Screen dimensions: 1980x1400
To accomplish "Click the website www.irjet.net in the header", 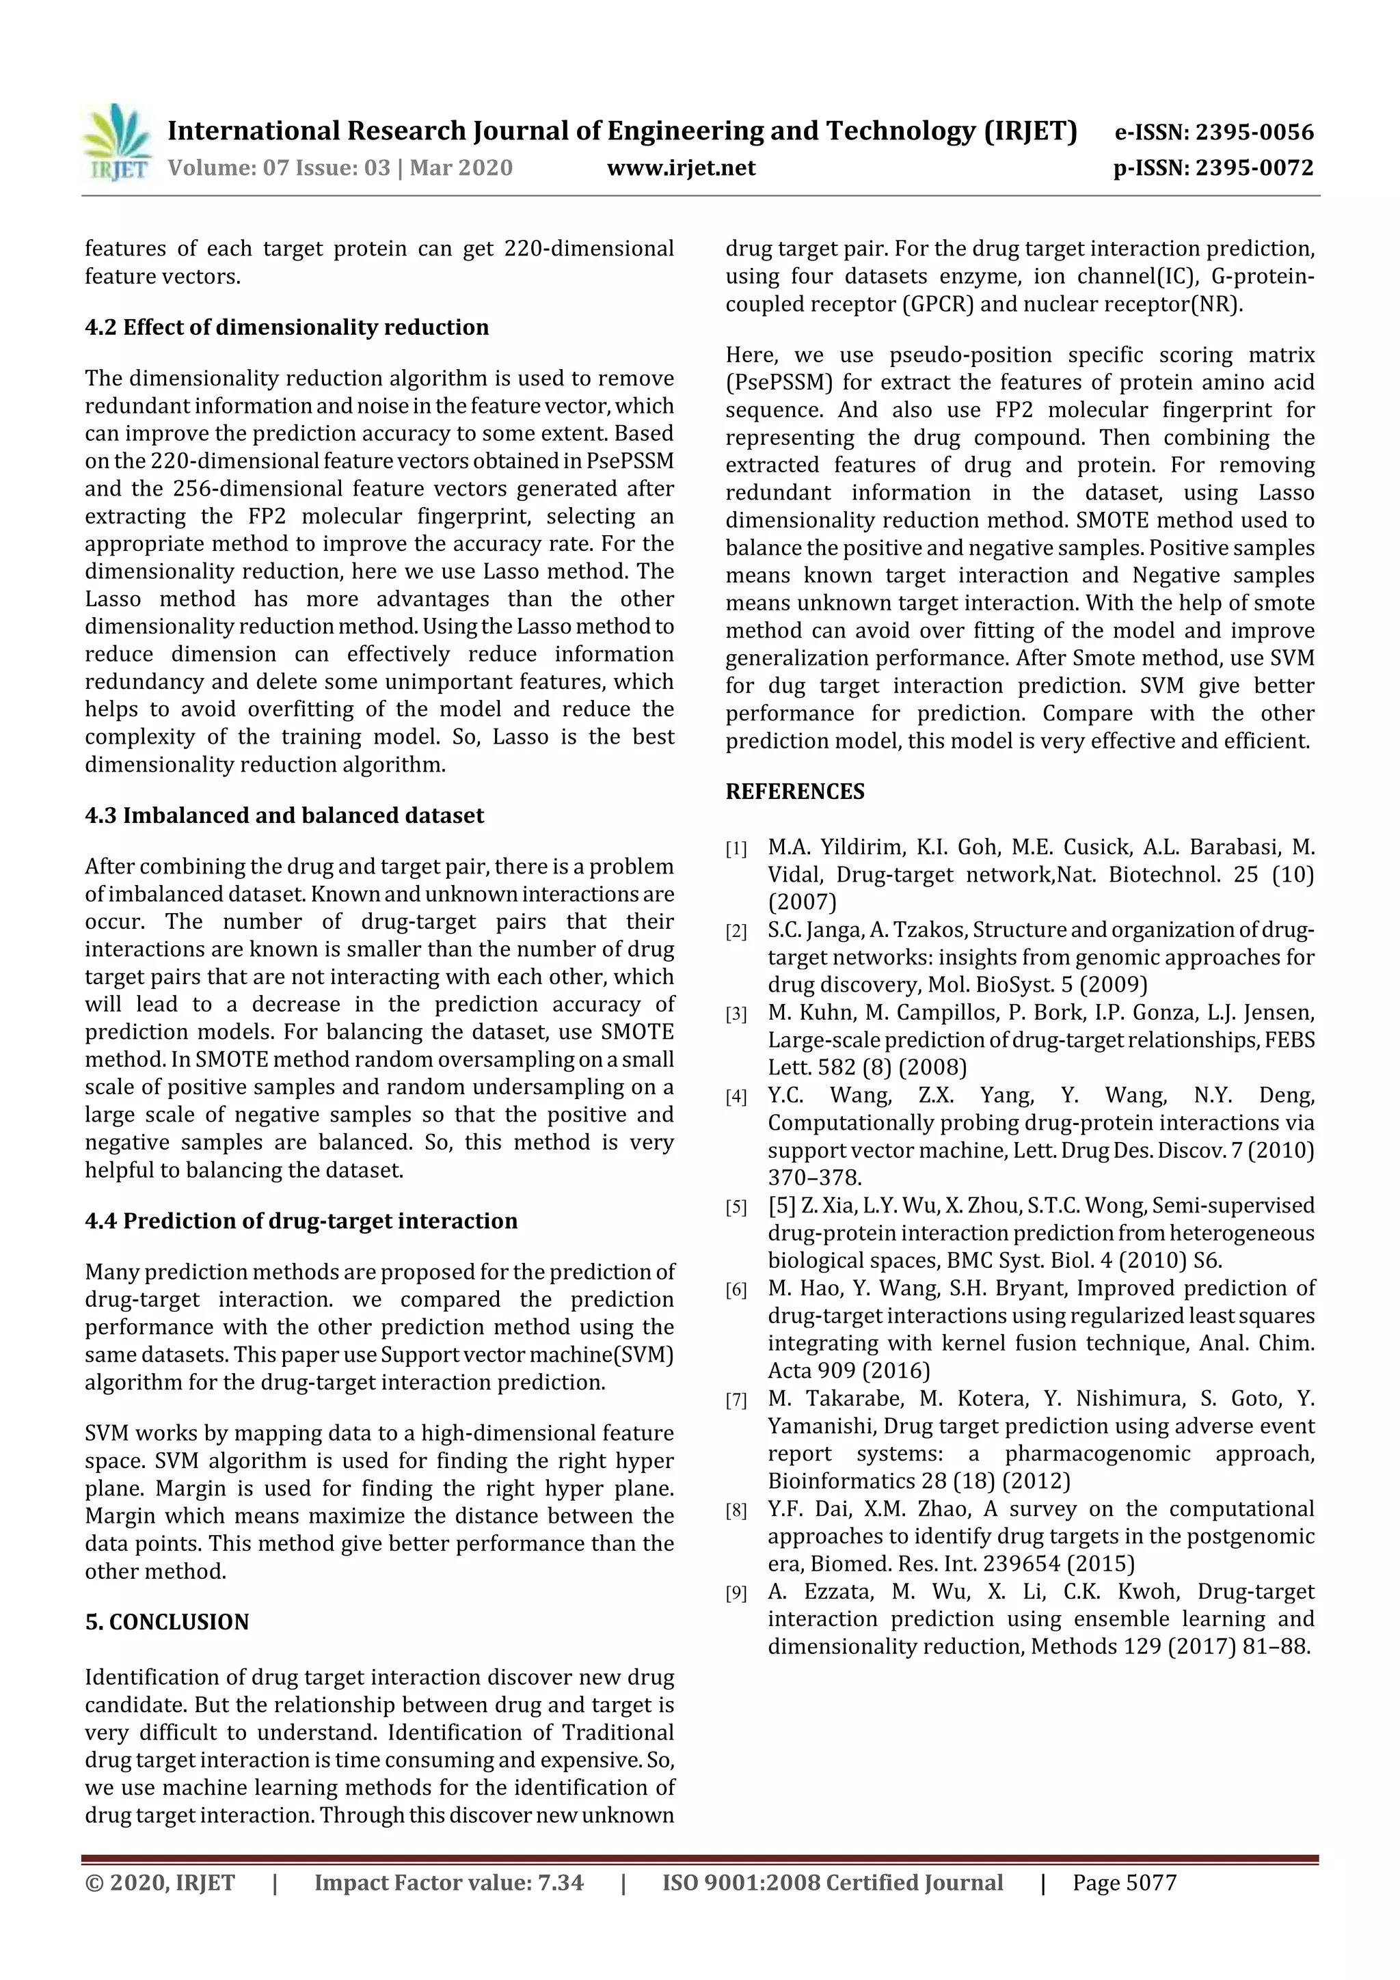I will [x=681, y=167].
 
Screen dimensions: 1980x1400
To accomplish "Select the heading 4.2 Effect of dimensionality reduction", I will [x=286, y=327].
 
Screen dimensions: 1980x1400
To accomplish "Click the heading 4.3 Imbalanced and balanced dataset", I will [x=284, y=816].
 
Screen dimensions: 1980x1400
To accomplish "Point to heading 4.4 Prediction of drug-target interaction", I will [x=301, y=1221].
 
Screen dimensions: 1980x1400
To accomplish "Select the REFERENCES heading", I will [x=794, y=791].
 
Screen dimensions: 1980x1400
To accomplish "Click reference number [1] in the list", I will [x=736, y=850].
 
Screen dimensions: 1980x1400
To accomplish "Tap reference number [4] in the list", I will [x=736, y=1097].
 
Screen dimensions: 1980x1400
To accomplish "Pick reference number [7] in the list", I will [x=736, y=1400].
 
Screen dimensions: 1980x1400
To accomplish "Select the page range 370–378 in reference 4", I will [x=814, y=1178].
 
